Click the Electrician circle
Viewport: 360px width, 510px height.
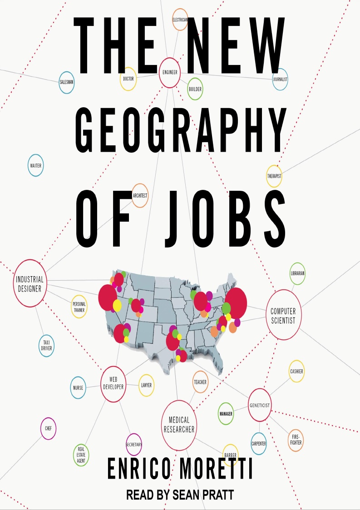pyautogui.click(x=180, y=20)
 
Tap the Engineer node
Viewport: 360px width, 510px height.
pyautogui.click(x=170, y=72)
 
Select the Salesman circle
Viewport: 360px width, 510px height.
pyautogui.click(x=66, y=83)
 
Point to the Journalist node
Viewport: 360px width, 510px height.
pyautogui.click(x=280, y=79)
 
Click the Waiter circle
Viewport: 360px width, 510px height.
pyautogui.click(x=35, y=166)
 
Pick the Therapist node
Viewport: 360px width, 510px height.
pyautogui.click(x=274, y=176)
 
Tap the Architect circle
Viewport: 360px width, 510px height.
pyautogui.click(x=140, y=196)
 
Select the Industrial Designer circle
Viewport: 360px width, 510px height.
pyautogui.click(x=30, y=283)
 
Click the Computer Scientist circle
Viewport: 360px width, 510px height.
pyautogui.click(x=283, y=315)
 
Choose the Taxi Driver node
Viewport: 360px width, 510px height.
pyautogui.click(x=46, y=345)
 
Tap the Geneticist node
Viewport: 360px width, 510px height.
pyautogui.click(x=260, y=405)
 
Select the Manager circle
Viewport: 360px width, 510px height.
pyautogui.click(x=226, y=414)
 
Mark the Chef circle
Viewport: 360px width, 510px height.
pyautogui.click(x=48, y=428)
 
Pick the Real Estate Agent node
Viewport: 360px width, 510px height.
pyautogui.click(x=81, y=455)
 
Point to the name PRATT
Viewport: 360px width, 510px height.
pyautogui.click(x=216, y=495)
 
